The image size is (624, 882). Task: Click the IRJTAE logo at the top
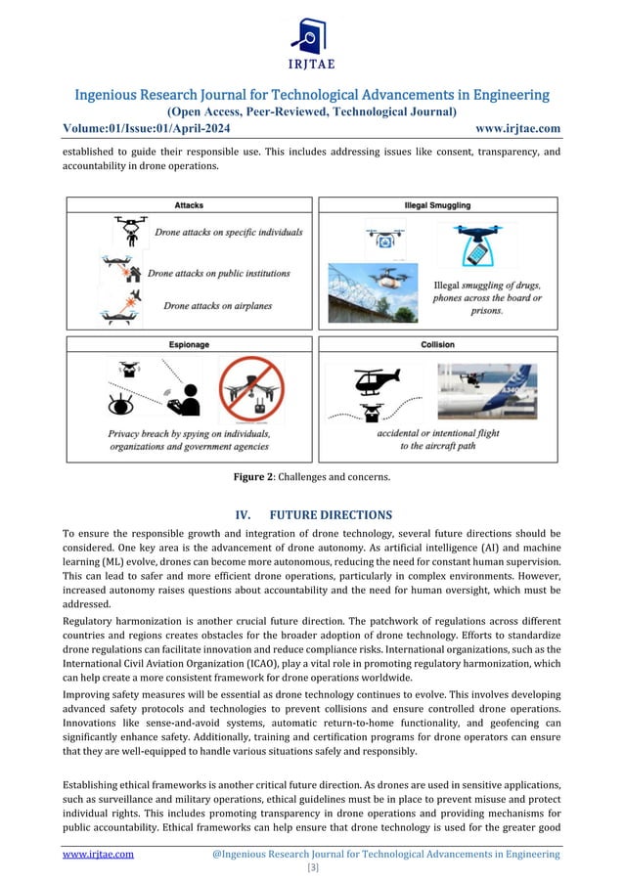click(x=312, y=44)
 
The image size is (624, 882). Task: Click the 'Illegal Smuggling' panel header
click(x=436, y=204)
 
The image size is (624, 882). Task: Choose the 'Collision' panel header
click(x=436, y=344)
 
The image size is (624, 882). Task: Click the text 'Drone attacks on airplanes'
click(x=218, y=306)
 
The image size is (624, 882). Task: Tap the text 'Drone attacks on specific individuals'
click(x=228, y=233)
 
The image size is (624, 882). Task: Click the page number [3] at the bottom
click(x=312, y=867)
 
